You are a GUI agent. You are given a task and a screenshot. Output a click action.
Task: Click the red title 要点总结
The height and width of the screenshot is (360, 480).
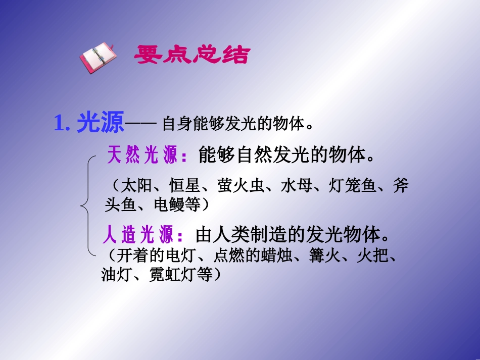(x=191, y=55)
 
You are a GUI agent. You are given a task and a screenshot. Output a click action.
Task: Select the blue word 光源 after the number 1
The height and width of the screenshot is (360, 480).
(x=100, y=124)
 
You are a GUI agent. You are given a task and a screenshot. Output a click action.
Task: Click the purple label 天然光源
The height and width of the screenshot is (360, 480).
(x=142, y=156)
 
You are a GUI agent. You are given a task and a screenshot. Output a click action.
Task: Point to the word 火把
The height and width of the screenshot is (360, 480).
(x=372, y=256)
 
